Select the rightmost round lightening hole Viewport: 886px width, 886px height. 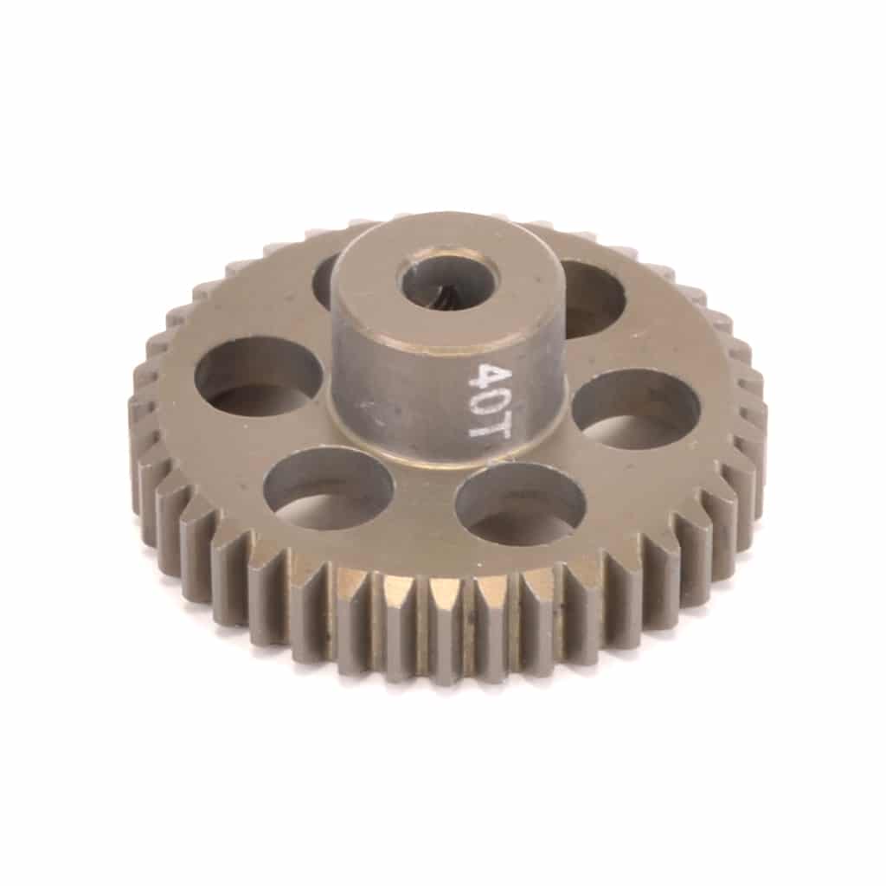(x=636, y=407)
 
